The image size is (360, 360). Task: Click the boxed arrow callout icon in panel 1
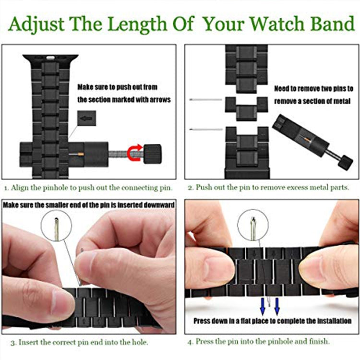86,118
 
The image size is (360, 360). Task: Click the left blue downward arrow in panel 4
263,303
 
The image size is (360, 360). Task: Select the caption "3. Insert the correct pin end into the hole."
79,342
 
